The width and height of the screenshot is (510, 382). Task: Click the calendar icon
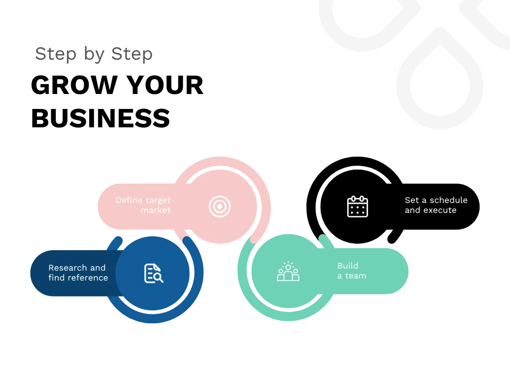pyautogui.click(x=358, y=206)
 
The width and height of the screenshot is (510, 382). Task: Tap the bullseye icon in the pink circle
pyautogui.click(x=220, y=206)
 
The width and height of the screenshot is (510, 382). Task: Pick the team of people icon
pyautogui.click(x=288, y=272)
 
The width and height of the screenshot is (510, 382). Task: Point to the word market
pyautogui.click(x=155, y=210)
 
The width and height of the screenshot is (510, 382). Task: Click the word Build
pyautogui.click(x=348, y=266)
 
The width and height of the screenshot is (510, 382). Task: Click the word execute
pyautogui.click(x=440, y=210)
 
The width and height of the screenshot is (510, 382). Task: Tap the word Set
pyautogui.click(x=411, y=200)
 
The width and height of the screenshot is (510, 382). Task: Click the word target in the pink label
pyautogui.click(x=158, y=200)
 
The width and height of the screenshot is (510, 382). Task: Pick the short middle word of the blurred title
pyautogui.click(x=95, y=55)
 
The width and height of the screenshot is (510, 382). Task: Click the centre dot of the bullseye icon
pyautogui.click(x=220, y=206)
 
